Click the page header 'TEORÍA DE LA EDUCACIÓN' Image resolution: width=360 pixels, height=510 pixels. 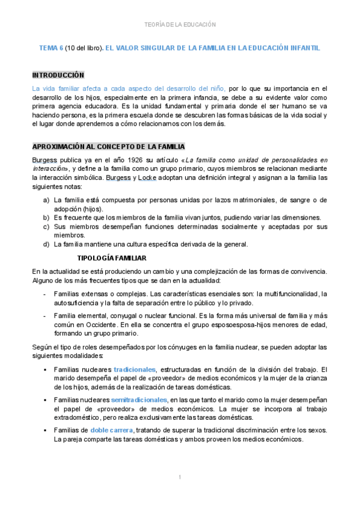[180, 25]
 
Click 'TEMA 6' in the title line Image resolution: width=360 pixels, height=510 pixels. [51, 47]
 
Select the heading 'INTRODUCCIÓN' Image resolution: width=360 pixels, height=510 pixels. [58, 75]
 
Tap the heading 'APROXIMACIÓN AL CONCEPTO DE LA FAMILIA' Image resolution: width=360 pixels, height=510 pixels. [108, 147]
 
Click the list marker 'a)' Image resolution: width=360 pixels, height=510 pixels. [46, 199]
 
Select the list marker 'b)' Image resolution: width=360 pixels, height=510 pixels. [46, 217]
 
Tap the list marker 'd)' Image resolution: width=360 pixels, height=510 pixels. [46, 244]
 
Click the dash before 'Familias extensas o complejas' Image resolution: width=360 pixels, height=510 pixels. [46, 293]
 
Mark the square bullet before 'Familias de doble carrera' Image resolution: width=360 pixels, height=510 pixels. [46, 430]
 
